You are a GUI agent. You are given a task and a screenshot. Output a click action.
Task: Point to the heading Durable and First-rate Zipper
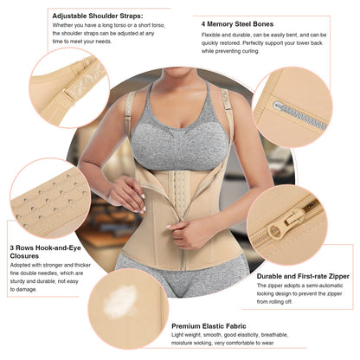pyautogui.click(x=303, y=276)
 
